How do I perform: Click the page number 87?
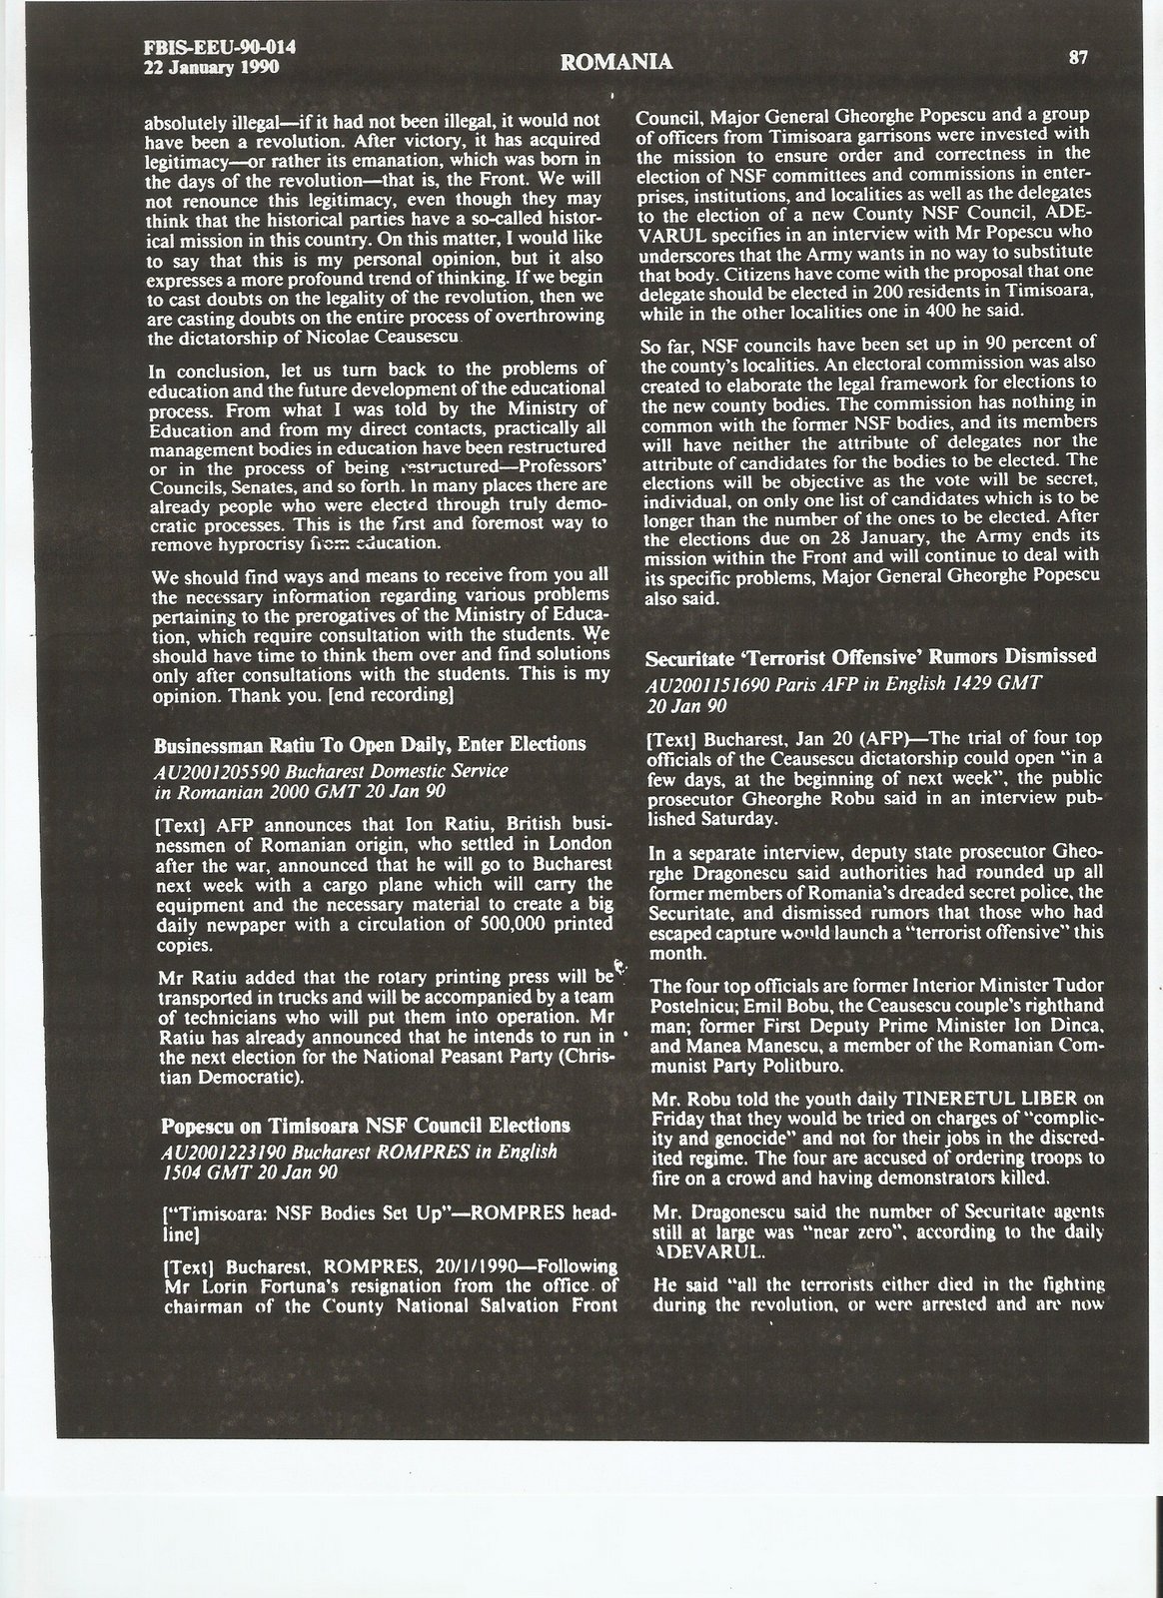click(1078, 57)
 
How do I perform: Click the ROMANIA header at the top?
click(616, 63)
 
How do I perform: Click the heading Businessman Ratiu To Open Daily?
click(369, 744)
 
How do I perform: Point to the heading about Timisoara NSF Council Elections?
click(366, 1125)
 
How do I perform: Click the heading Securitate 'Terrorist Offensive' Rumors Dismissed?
click(870, 657)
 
